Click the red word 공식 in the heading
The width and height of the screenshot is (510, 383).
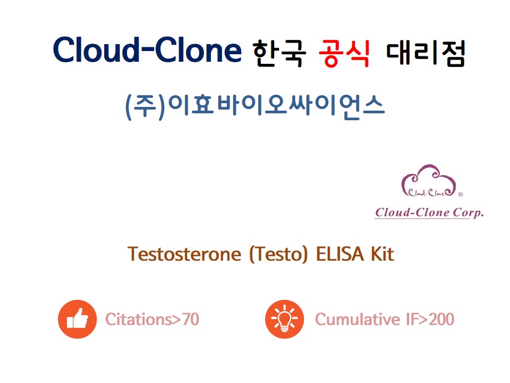[x=344, y=53]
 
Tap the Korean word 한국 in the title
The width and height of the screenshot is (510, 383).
[x=279, y=53]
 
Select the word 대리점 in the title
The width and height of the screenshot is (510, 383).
[x=426, y=53]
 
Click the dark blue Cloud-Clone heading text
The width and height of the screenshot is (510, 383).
[x=147, y=49]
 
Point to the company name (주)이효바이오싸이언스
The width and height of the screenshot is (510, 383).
[x=255, y=106]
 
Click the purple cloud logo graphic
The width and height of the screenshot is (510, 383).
[x=429, y=181]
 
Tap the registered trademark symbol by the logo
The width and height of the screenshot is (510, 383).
[x=461, y=195]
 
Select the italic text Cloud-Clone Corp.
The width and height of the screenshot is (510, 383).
[x=429, y=213]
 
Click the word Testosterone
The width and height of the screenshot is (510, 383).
[x=184, y=254]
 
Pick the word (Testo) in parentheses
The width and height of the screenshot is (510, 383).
[x=278, y=254]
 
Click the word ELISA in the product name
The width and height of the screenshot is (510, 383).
[x=340, y=254]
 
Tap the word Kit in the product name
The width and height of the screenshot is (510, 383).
[x=382, y=254]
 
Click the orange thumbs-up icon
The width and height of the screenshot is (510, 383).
[x=78, y=319]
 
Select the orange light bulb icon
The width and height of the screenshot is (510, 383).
[x=285, y=319]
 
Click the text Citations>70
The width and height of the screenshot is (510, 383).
[x=152, y=319]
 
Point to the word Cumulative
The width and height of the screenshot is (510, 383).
[x=358, y=319]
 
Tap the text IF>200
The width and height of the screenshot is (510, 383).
[x=430, y=319]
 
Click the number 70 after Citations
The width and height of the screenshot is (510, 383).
[x=190, y=319]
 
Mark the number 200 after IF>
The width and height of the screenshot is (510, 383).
[x=441, y=319]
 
